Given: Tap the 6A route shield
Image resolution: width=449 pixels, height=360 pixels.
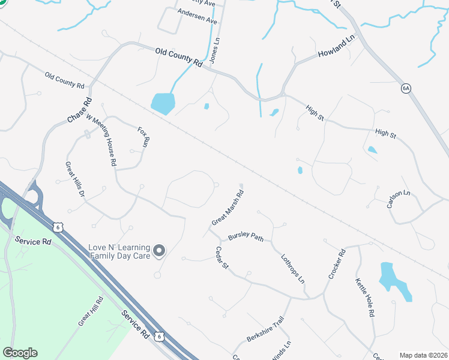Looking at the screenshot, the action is coord(406,88).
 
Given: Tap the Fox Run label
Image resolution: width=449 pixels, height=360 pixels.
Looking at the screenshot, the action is coord(143,137).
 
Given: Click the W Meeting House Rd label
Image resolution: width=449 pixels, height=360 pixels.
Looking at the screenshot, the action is coord(101,140).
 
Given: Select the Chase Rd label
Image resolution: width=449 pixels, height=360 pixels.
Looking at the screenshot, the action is coord(79,110).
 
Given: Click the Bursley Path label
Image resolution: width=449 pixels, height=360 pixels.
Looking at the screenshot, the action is coord(246,238).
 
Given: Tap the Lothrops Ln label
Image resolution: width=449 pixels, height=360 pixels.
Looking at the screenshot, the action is coord(294,269).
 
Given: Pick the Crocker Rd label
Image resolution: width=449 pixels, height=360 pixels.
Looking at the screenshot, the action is coord(337,263).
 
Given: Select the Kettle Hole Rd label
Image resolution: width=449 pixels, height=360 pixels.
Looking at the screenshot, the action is coord(365,297).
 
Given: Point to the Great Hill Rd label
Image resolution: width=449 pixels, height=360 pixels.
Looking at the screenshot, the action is coord(91,310).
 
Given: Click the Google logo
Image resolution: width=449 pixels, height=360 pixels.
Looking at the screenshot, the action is coord(20,353).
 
